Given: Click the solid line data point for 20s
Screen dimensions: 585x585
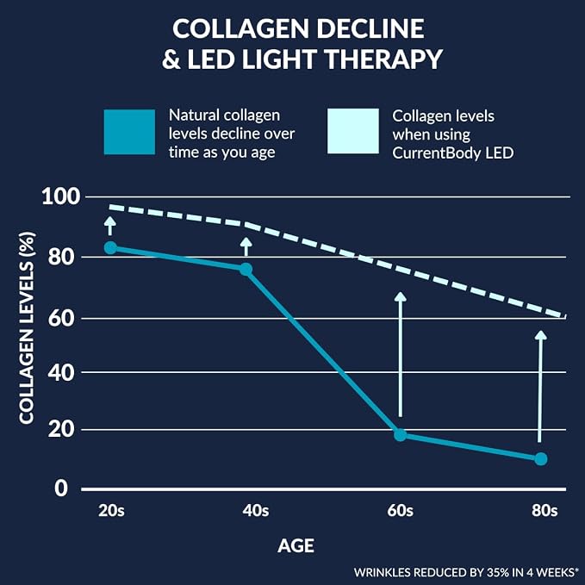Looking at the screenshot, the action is [110, 247].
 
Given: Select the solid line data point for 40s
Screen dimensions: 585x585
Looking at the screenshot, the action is [246, 269].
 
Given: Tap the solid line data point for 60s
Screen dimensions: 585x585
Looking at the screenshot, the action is [401, 434].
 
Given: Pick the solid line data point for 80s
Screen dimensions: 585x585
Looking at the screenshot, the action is [540, 459].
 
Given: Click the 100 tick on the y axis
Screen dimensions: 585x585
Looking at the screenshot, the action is [61, 196].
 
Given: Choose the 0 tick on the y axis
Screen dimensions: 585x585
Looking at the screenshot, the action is [61, 488].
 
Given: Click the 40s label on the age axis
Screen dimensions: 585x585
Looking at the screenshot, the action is [256, 510].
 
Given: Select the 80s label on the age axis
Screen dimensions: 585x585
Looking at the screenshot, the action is [545, 510].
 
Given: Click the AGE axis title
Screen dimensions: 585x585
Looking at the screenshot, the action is [296, 546].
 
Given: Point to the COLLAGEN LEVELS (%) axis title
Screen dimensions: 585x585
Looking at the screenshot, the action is [27, 328].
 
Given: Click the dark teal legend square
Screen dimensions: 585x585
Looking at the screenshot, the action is [129, 132].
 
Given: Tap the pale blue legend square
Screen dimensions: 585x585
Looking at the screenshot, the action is [353, 131].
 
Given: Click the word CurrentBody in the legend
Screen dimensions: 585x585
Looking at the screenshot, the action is [437, 153].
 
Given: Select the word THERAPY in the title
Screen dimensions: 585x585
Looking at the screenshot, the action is [383, 59].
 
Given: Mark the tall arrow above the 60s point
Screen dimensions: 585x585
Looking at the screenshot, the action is [401, 354].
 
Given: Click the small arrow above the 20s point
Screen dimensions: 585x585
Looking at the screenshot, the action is [109, 226].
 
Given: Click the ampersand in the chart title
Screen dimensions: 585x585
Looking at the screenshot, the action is [171, 59].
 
